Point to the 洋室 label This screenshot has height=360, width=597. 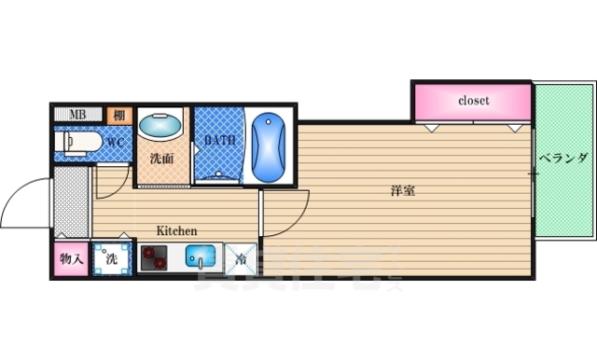[x=403, y=192]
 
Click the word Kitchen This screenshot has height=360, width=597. [x=175, y=230]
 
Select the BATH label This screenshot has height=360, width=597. [x=220, y=142]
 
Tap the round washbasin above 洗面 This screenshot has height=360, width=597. [x=160, y=124]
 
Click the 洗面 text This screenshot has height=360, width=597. [x=161, y=159]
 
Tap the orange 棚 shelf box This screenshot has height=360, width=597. [x=118, y=115]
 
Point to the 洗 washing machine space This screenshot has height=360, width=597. [x=112, y=258]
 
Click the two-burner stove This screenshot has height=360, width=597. [x=155, y=258]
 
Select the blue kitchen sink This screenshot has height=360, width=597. [x=200, y=257]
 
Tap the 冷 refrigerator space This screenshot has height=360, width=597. [x=241, y=258]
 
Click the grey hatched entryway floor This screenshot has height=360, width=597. [x=69, y=201]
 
